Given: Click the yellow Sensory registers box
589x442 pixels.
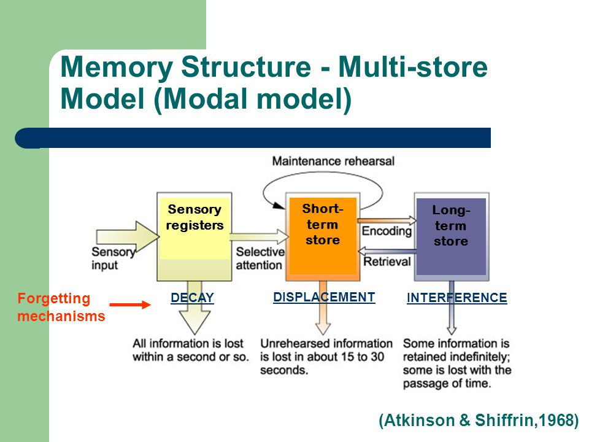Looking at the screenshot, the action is (194, 237).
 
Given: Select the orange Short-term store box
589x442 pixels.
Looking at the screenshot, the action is (323, 237).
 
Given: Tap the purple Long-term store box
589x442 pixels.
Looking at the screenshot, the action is (452, 237).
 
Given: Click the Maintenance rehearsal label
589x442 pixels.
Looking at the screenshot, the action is (333, 161).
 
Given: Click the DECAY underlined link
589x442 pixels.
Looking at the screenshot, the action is (192, 298).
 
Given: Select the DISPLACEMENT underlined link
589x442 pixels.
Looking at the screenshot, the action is (324, 297).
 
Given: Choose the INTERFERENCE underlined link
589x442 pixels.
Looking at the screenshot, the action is (456, 298).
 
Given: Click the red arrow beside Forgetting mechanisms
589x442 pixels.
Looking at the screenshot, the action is (130, 305).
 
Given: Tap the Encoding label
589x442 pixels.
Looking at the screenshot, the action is (387, 231).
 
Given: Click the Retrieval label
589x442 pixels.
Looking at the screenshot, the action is (387, 262).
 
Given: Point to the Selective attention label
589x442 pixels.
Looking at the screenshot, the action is (260, 258).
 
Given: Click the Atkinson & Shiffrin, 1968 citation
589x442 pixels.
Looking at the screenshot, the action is (479, 420).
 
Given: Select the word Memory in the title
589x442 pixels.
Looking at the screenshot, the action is (117, 67).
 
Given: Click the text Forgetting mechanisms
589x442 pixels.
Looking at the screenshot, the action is (61, 307).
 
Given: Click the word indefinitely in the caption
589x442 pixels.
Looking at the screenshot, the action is (480, 357).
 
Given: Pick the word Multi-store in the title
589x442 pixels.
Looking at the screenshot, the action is (413, 66).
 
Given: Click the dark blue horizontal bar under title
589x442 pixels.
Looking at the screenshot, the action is (253, 138).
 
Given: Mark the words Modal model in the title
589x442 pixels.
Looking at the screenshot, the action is (253, 99).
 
